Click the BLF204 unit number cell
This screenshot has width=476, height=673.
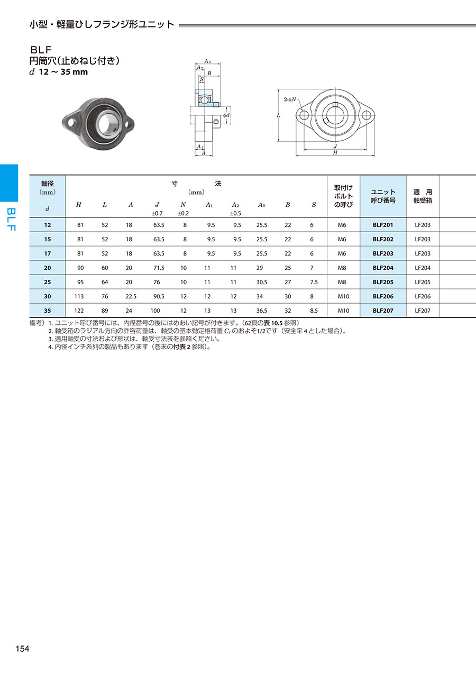point(383,268)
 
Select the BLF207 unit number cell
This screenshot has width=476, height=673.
point(383,311)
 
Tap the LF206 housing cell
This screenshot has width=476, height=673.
point(423,296)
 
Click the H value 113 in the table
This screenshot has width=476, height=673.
point(79,296)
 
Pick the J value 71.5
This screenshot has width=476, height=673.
point(159,268)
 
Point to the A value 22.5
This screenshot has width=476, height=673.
point(131,296)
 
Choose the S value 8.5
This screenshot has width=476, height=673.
point(314,311)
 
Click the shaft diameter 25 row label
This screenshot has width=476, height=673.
point(48,282)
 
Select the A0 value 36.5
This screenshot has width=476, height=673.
point(262,311)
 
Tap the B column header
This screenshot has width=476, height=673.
point(288,205)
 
